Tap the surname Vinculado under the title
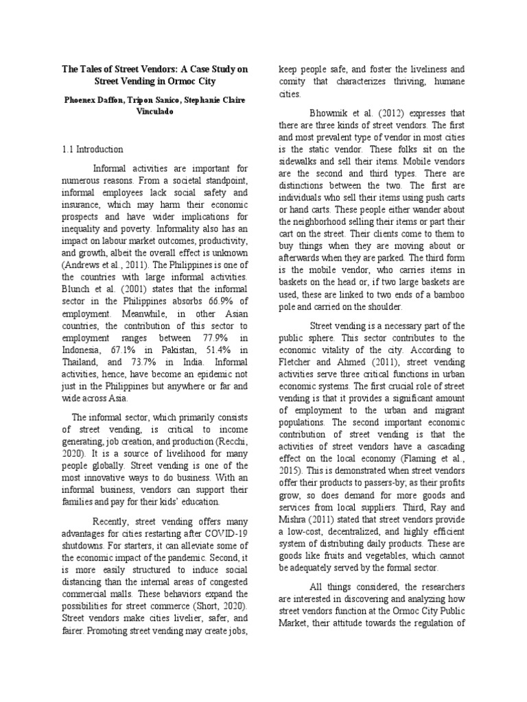coord(155,111)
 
